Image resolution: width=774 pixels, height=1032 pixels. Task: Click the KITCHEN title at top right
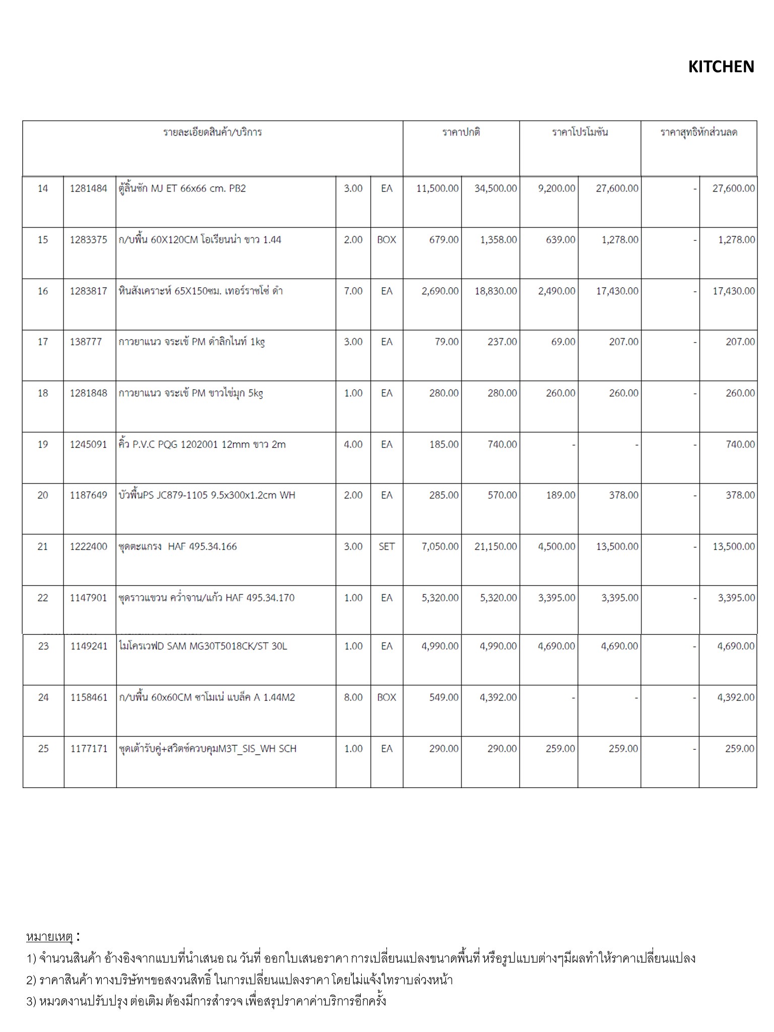pos(721,67)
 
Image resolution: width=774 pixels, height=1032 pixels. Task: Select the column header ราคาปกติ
pos(461,133)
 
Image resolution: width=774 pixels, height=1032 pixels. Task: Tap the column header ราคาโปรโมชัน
pos(579,133)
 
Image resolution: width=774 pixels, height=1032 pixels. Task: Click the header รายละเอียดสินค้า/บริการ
pos(212,133)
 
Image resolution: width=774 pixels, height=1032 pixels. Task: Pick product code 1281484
pos(89,188)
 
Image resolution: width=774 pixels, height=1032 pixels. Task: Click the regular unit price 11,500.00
pos(437,188)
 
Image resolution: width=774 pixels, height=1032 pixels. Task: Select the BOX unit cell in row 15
pos(386,240)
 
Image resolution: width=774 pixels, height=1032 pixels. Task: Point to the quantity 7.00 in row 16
pos(353,291)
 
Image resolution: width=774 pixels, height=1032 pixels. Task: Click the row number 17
pos(43,342)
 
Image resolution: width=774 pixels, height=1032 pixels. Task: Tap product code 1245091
pos(89,444)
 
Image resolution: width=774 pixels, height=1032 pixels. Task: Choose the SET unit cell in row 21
pos(386,547)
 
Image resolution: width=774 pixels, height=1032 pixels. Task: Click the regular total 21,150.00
pos(495,547)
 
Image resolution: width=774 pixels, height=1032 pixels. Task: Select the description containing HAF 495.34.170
pos(206,598)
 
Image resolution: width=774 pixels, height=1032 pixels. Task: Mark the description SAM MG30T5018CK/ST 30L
pos(203,647)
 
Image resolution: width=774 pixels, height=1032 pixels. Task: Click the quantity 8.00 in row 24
pos(353,697)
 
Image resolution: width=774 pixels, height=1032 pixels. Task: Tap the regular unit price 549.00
pos(443,697)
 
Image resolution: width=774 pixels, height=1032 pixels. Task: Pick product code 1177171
pos(89,749)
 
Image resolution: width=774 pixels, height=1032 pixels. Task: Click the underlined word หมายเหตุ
pos(49,937)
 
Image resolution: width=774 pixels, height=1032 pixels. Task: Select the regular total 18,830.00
pos(495,291)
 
